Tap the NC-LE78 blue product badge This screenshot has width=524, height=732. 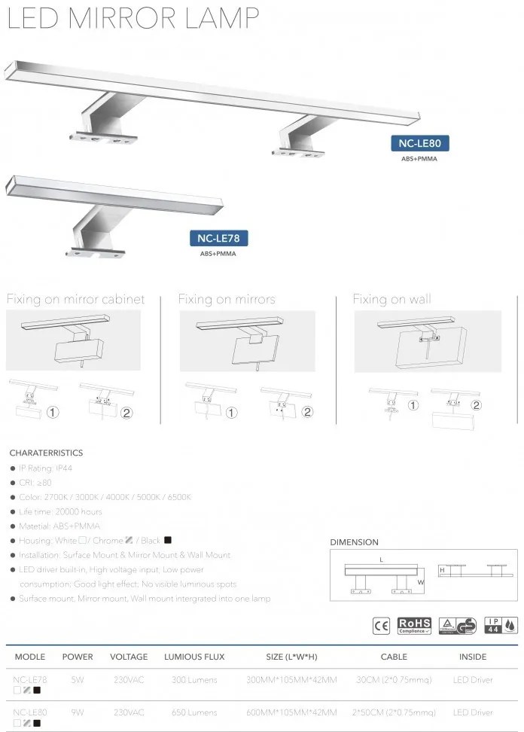pyautogui.click(x=218, y=239)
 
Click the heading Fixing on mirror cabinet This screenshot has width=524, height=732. pyautogui.click(x=75, y=300)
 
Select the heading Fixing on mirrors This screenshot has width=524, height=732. pyautogui.click(x=227, y=300)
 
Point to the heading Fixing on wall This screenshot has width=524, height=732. pyautogui.click(x=392, y=300)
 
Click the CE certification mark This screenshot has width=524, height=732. pyautogui.click(x=382, y=624)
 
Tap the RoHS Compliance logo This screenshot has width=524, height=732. pyautogui.click(x=414, y=624)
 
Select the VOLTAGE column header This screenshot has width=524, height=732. pyautogui.click(x=129, y=657)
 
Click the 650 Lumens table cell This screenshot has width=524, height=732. pyautogui.click(x=194, y=712)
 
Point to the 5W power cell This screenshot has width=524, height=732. pyautogui.click(x=77, y=680)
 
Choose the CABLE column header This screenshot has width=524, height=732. pyautogui.click(x=394, y=657)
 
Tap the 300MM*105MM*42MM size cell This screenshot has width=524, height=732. pyautogui.click(x=292, y=680)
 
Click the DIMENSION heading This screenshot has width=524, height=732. pyautogui.click(x=355, y=542)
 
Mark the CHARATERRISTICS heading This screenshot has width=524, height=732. pyautogui.click(x=46, y=453)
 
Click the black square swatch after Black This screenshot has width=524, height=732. pyautogui.click(x=168, y=540)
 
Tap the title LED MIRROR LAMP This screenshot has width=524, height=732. pyautogui.click(x=134, y=18)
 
